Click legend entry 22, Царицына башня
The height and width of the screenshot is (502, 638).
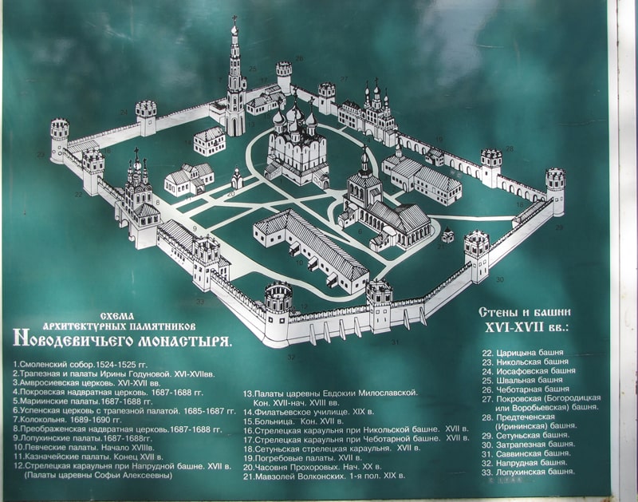(x=522, y=352)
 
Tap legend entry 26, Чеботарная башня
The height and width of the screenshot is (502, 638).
(x=527, y=389)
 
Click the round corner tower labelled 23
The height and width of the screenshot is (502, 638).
(x=60, y=140)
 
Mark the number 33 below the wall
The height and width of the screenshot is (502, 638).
(x=199, y=302)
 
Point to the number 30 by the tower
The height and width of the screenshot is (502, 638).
(x=500, y=279)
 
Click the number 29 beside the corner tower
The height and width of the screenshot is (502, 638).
(x=559, y=227)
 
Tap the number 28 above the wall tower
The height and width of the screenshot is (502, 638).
(x=509, y=148)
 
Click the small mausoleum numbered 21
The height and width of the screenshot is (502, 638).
(x=448, y=235)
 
